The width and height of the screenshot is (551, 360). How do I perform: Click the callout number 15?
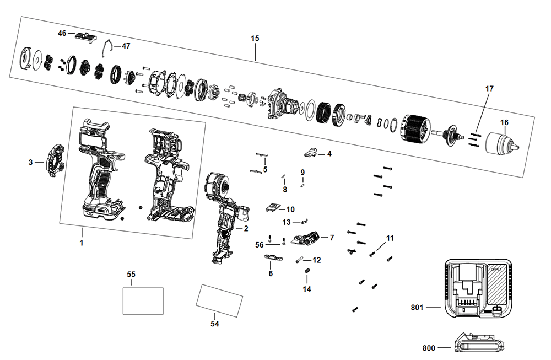(255, 39)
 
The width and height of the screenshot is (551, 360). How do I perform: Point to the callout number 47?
(126, 46)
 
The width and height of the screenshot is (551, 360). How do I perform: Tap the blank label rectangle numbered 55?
(143, 300)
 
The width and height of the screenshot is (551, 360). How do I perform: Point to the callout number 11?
(390, 238)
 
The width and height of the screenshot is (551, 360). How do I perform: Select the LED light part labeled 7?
(309, 238)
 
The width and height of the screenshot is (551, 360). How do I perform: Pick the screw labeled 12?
(301, 260)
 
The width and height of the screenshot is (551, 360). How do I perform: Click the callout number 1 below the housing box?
(81, 243)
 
